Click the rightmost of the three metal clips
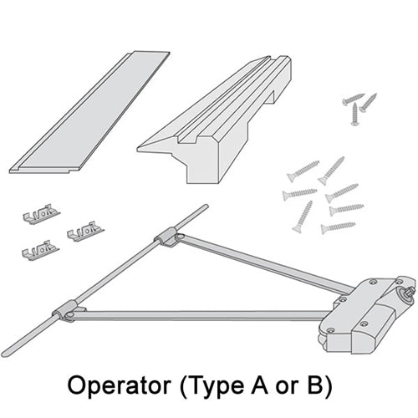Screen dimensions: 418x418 click(x=85, y=231)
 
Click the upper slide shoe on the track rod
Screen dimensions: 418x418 click(x=167, y=237)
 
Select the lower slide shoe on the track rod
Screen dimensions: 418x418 click(x=66, y=312)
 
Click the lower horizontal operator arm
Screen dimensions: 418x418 click(x=201, y=316)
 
